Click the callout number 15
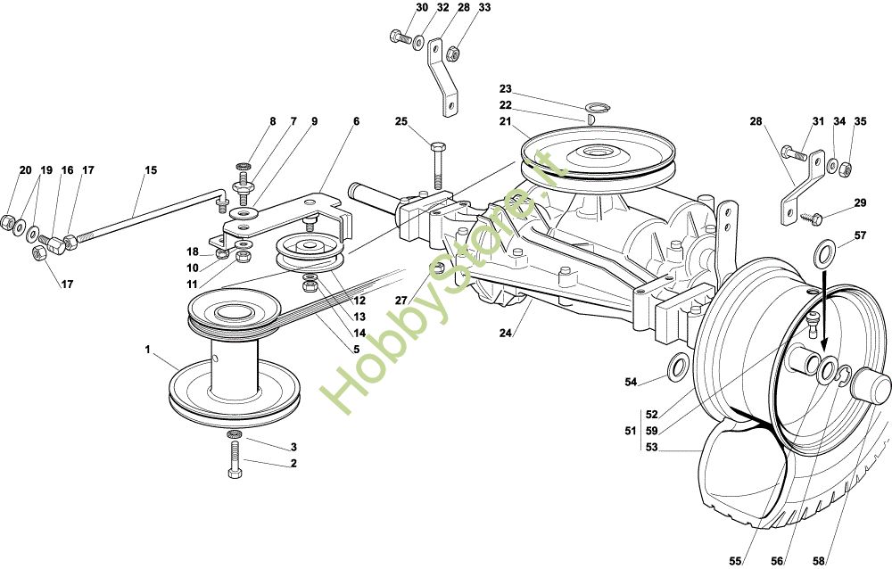point(150,169)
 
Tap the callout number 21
point(505,122)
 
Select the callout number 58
point(820,560)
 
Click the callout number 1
point(147,350)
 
